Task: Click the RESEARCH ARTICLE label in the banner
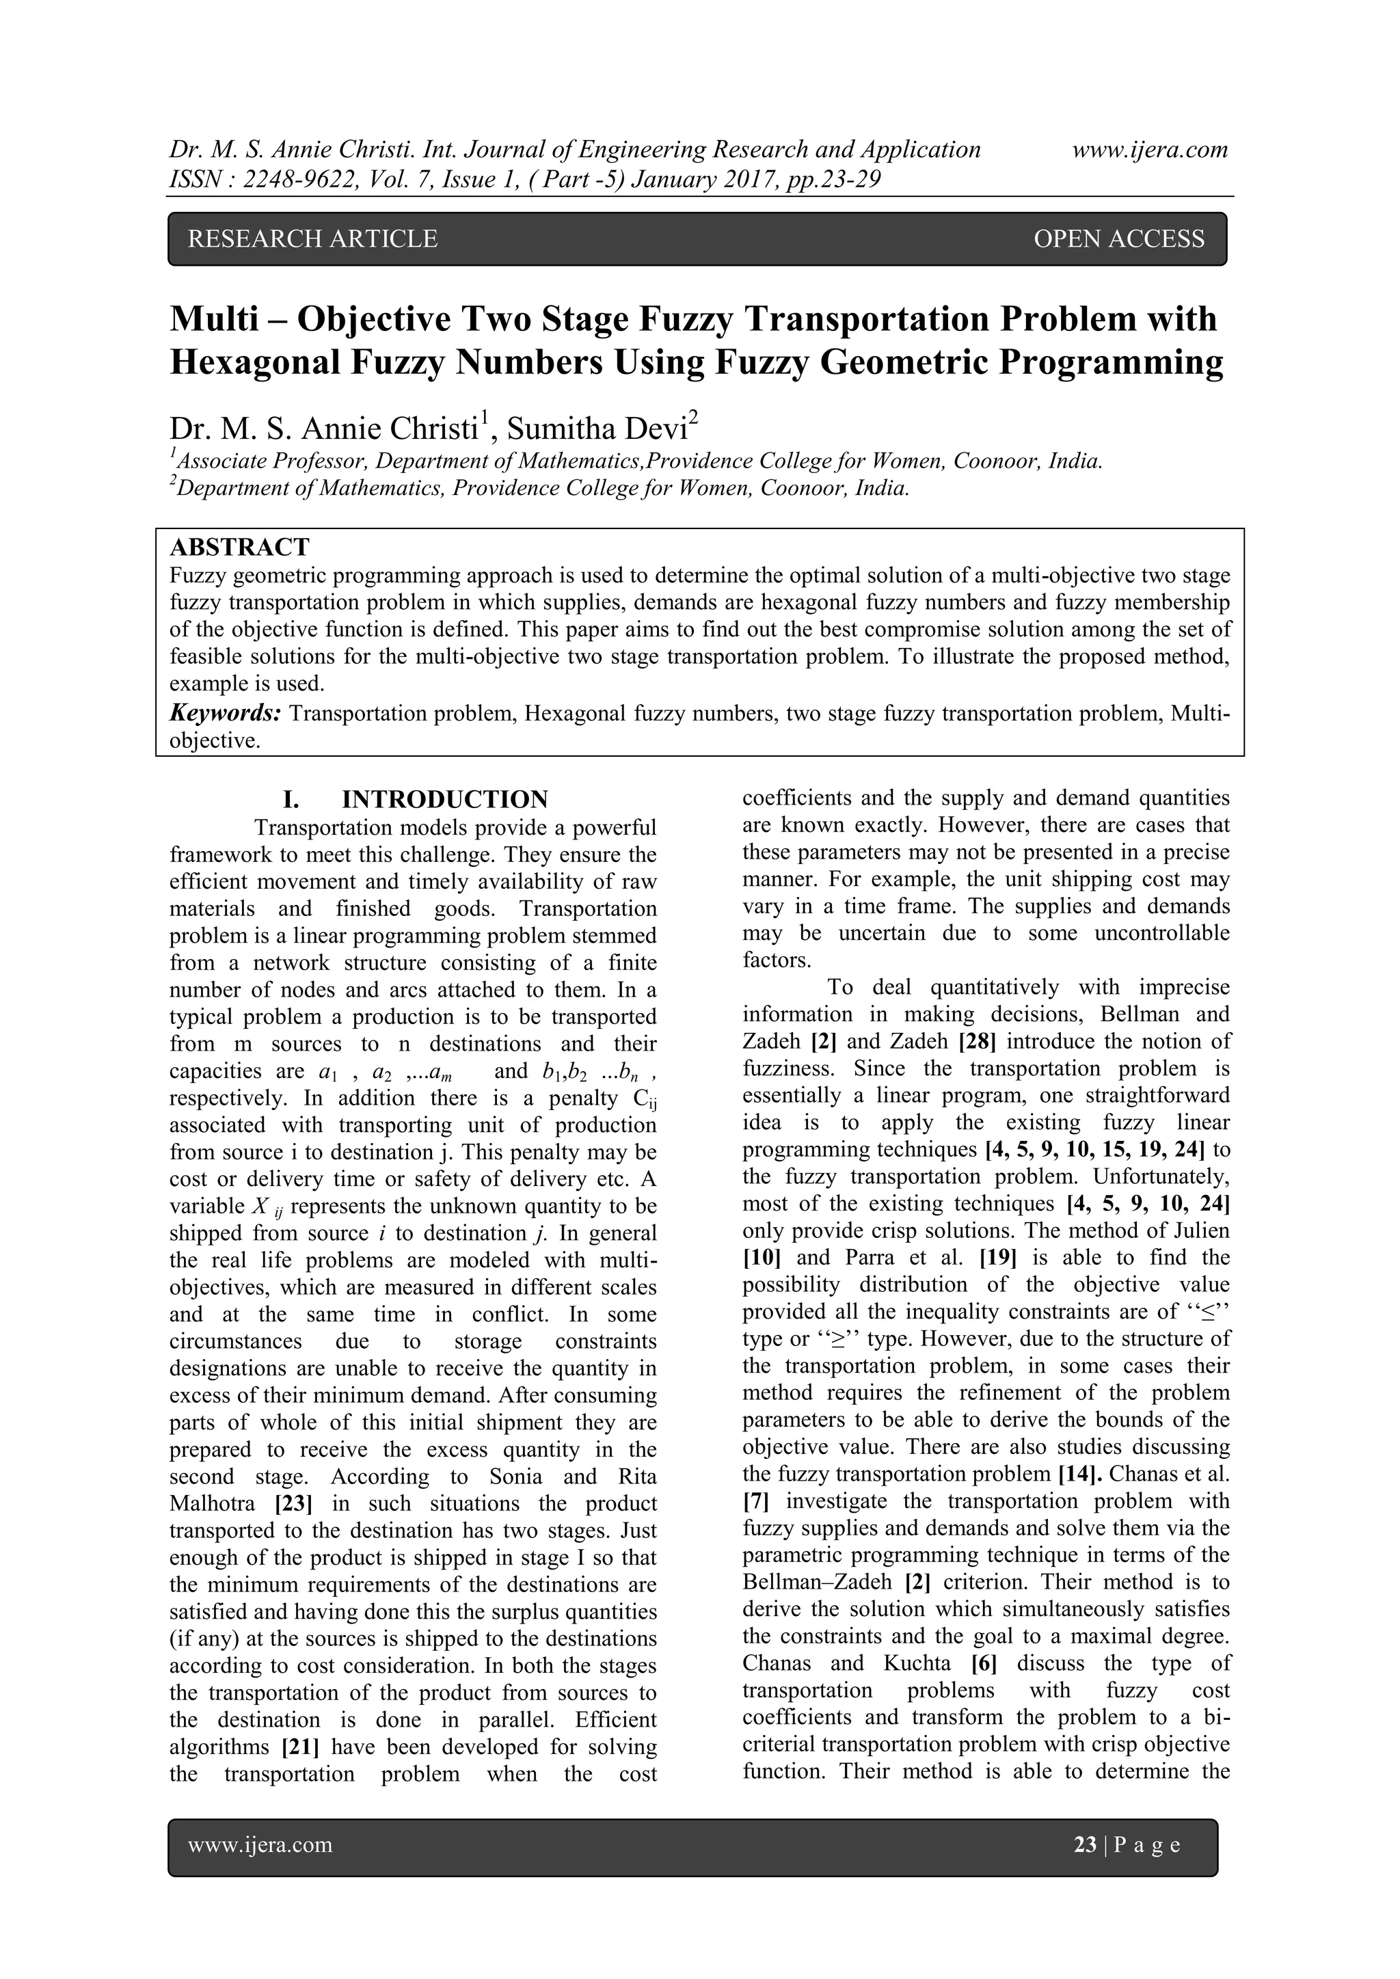coord(312,239)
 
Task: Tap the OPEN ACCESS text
coord(1118,239)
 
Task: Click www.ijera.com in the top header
coord(1150,150)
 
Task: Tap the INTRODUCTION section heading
coord(444,799)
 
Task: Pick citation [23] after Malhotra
coord(293,1504)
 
